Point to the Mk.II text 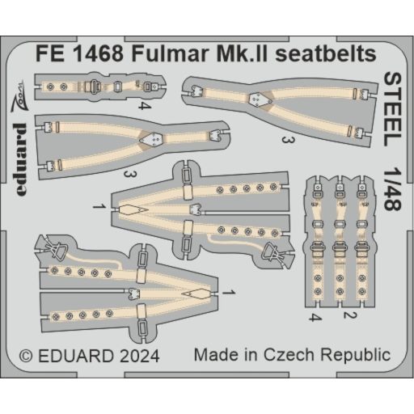[x=243, y=54]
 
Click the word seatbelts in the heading [x=326, y=54]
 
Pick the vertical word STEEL [x=392, y=109]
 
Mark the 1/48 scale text [x=392, y=190]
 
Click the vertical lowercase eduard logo [x=20, y=159]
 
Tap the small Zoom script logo [x=18, y=96]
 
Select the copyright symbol [x=26, y=356]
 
